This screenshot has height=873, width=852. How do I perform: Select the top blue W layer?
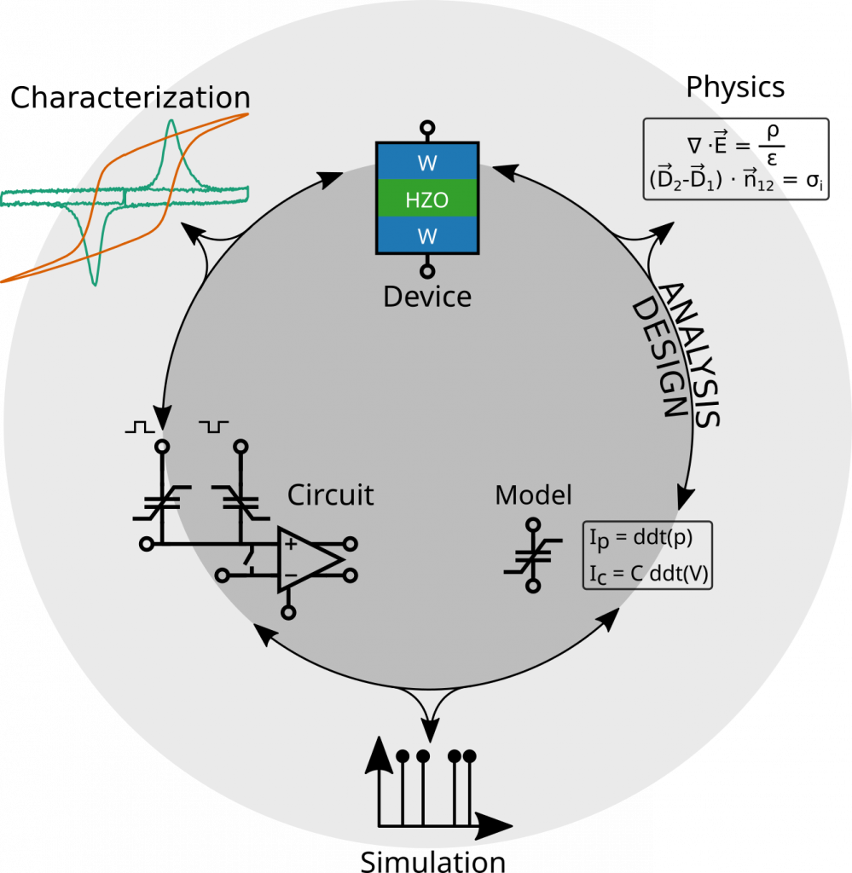(426, 161)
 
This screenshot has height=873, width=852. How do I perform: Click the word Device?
(426, 297)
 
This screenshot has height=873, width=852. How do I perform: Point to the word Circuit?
(330, 494)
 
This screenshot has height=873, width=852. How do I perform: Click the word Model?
(533, 494)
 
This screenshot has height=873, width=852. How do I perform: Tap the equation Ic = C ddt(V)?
(647, 574)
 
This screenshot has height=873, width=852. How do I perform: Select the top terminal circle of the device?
(427, 128)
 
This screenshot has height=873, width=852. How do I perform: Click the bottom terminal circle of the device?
(427, 271)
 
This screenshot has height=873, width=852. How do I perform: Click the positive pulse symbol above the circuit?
(140, 425)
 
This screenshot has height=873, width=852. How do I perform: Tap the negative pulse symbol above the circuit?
(214, 425)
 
